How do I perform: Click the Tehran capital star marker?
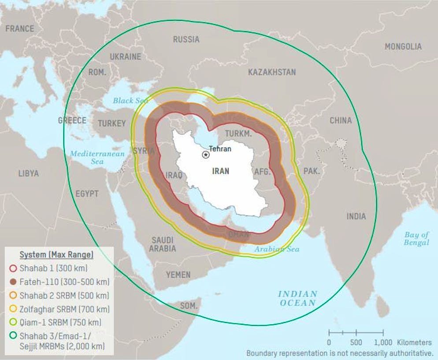point(206,155)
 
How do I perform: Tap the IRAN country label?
point(220,171)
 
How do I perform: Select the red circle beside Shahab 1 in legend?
point(13,268)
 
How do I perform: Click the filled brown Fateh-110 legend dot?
point(13,282)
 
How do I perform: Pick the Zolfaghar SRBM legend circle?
point(13,309)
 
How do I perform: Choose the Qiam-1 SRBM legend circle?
point(13,322)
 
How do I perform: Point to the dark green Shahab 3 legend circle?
point(13,336)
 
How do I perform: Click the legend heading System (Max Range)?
point(56,255)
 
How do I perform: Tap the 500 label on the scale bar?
point(356,342)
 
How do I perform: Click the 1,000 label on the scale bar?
point(383,342)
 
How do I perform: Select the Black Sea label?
point(130,101)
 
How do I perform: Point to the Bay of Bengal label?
point(416,239)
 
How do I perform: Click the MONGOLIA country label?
point(403,46)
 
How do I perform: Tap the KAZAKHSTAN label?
point(272,72)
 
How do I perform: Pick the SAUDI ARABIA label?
point(162,244)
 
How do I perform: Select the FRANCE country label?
point(19,29)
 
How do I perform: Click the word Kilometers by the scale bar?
point(414,342)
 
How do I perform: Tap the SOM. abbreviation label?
point(189,305)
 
